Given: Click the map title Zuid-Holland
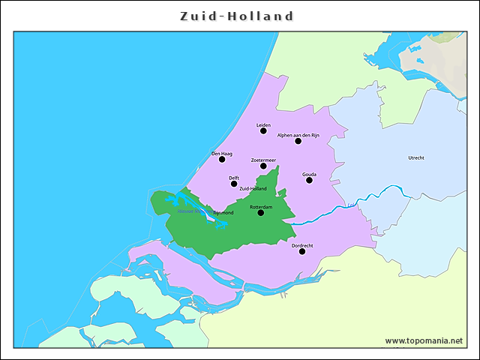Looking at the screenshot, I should pos(237,16).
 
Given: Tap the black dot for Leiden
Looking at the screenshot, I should pos(263,131).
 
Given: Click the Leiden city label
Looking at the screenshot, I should pos(263,124).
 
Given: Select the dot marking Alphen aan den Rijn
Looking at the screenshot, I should pos(298,141).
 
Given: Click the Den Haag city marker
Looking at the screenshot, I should pos(221,159).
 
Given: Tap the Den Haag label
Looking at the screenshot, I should pos(222,153).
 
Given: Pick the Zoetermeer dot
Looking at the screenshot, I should pos(263,166).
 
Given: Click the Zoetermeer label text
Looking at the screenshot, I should pos(263,160).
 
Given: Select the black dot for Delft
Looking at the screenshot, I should pos(234,184).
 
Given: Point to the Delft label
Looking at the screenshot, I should pos(234,178).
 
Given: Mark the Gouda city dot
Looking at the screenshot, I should pos(309,180).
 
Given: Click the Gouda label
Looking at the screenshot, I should pos(309,174).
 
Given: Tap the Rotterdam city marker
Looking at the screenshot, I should pos(261,213).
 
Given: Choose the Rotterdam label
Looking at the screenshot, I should pos(261,206).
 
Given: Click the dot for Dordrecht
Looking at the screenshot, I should pos(302,251).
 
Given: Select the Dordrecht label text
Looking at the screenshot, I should pos(302,245).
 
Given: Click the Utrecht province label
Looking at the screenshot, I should pos(416,158).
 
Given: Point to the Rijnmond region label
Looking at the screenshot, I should pos(223,213).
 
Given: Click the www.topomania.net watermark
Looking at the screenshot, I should pos(424,340).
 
